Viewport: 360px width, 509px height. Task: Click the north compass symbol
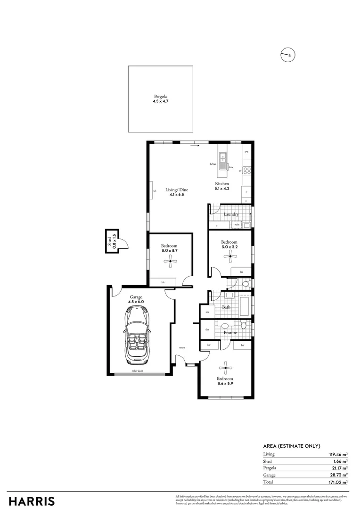(x=287, y=55)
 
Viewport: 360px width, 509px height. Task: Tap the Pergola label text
(x=160, y=96)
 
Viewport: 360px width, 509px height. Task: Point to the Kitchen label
(x=222, y=183)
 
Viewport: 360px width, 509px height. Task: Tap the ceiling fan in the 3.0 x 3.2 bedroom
(x=230, y=256)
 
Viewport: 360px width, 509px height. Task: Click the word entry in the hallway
(x=182, y=348)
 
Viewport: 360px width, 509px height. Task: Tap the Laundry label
(x=231, y=214)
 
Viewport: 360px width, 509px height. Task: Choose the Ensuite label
(x=230, y=332)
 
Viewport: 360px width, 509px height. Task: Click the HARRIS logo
(x=31, y=501)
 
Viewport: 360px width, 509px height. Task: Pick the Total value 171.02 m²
(x=338, y=482)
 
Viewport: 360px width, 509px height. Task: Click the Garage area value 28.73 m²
(x=338, y=475)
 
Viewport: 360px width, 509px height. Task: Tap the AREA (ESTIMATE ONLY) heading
(x=292, y=446)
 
